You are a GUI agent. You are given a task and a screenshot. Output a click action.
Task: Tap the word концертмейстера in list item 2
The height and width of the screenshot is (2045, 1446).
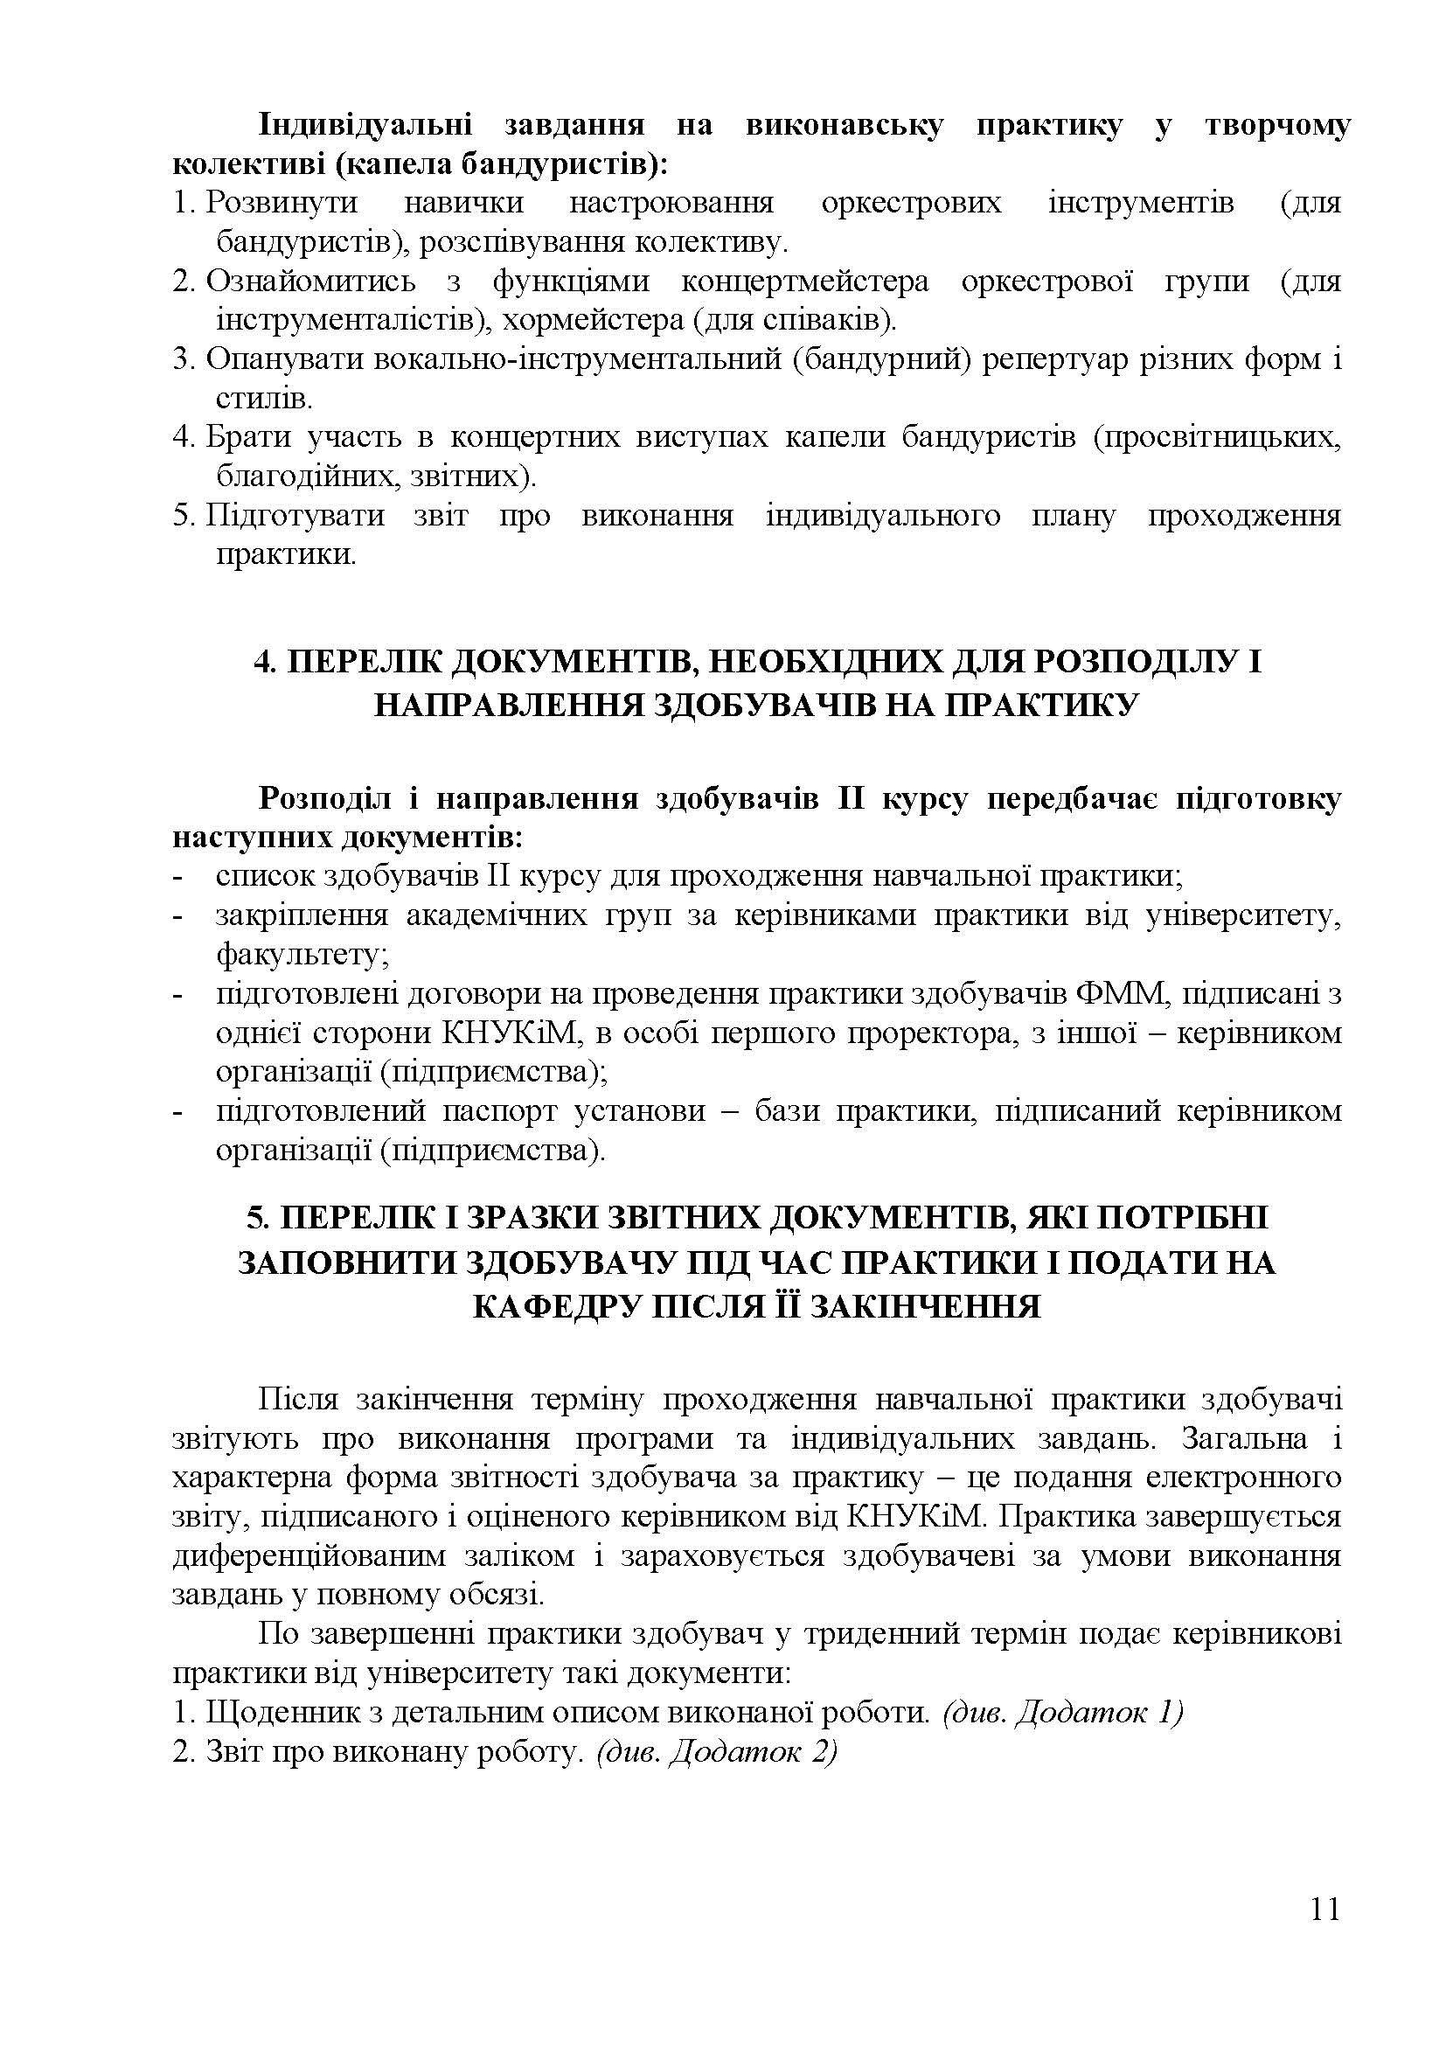click(805, 282)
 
